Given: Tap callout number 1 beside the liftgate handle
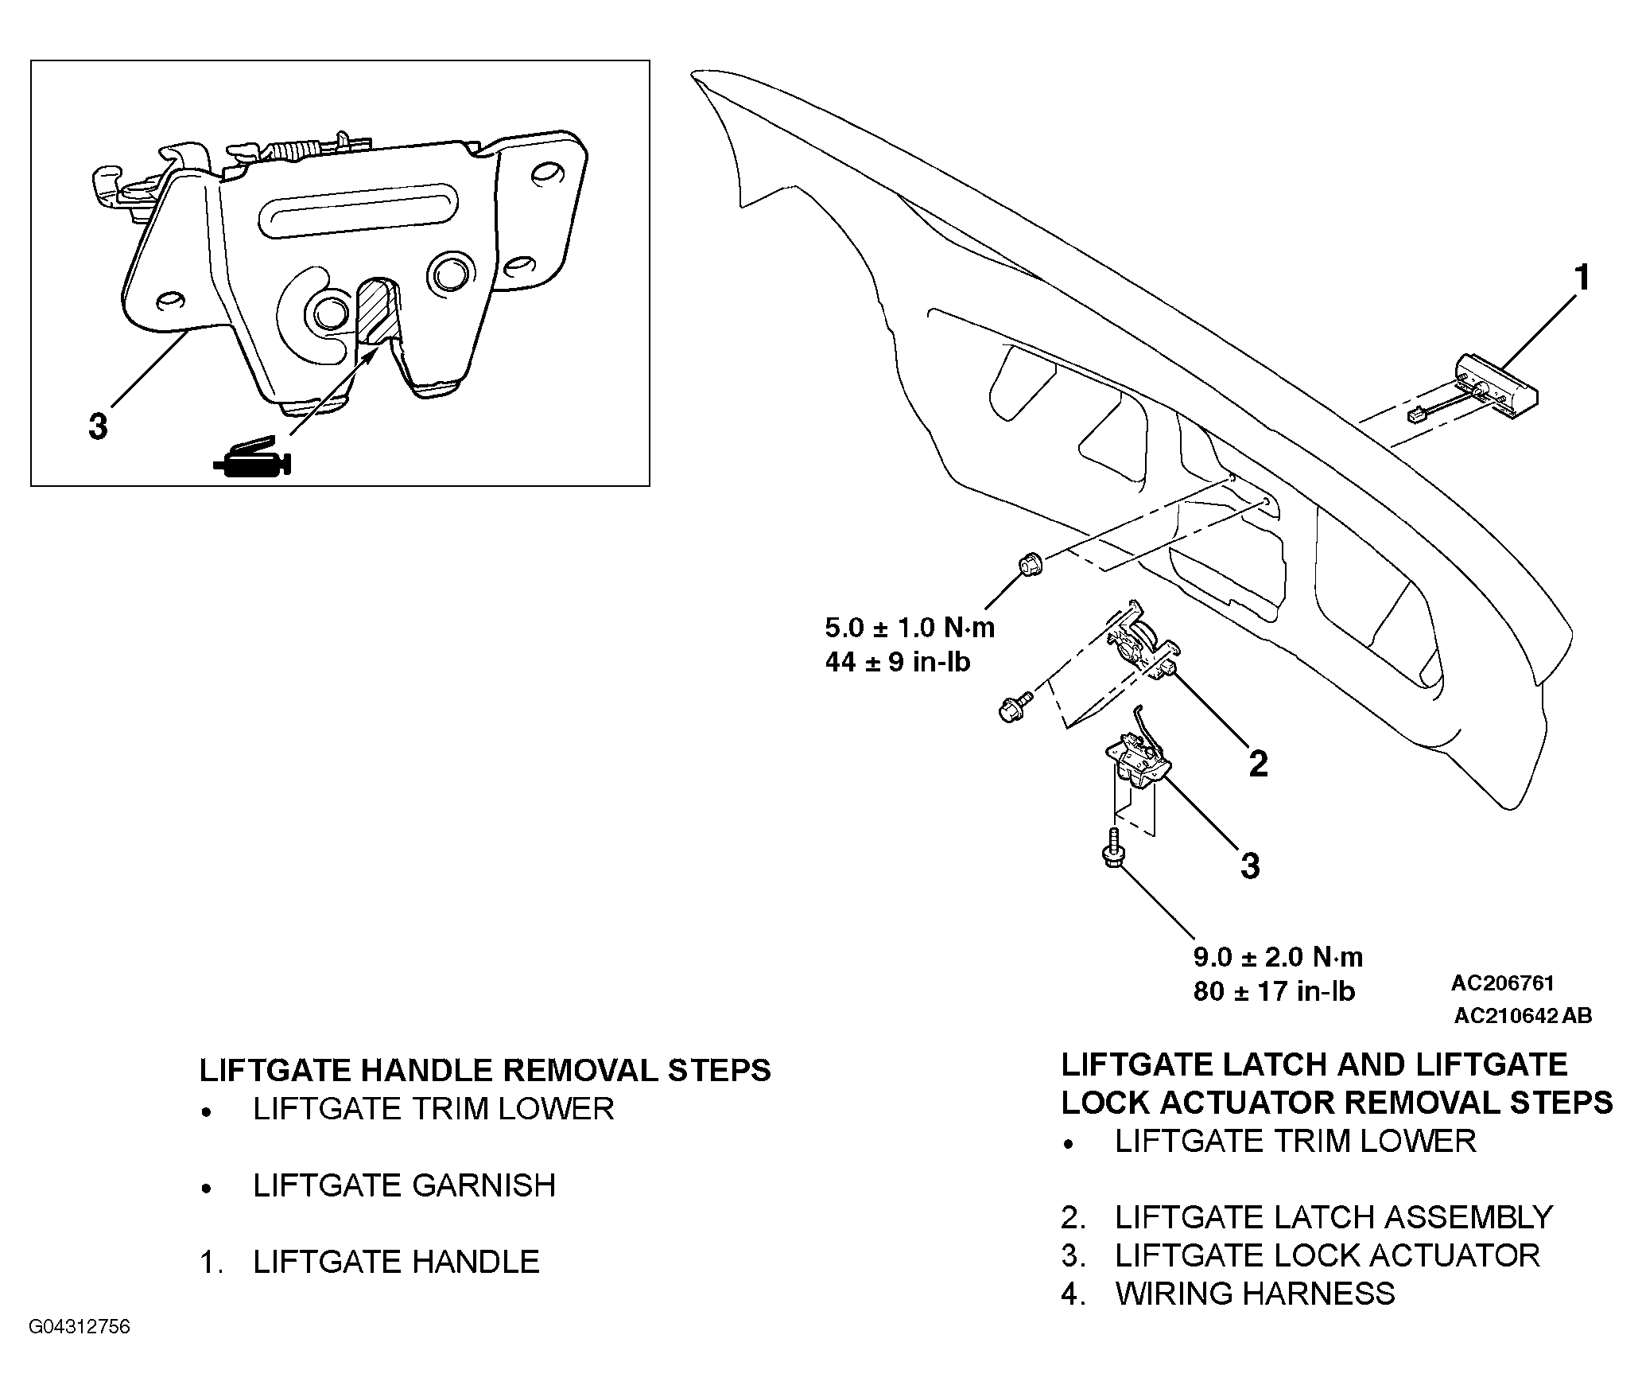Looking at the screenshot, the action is (x=1582, y=278).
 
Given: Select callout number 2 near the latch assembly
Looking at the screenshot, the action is (x=1258, y=764).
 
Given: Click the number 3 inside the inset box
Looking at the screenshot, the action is (x=98, y=426).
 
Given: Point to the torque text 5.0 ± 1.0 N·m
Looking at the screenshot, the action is (x=910, y=628).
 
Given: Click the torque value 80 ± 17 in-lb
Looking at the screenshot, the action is (x=1274, y=990).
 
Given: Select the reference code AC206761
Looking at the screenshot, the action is (x=1502, y=983).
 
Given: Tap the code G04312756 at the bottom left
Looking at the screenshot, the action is (x=79, y=1328).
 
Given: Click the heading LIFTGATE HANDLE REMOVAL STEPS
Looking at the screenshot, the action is (x=485, y=1071).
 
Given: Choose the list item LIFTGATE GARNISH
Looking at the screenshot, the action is (x=404, y=1185).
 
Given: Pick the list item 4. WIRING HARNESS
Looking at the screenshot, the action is (x=1228, y=1294).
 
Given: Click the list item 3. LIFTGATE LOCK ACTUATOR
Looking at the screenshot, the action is (x=1300, y=1255).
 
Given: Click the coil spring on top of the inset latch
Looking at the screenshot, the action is (x=295, y=150).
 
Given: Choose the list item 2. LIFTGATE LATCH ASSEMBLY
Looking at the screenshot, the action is (x=1306, y=1217).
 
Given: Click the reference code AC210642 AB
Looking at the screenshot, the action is (x=1523, y=1016).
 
